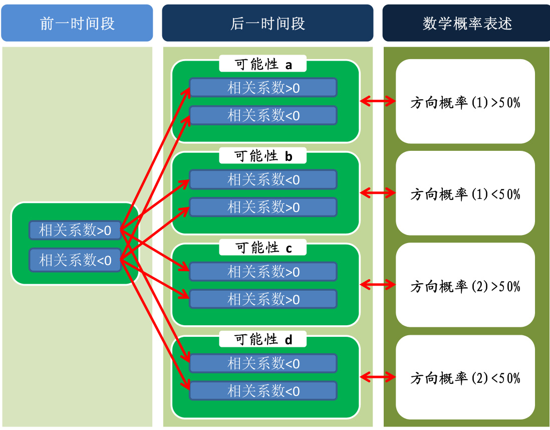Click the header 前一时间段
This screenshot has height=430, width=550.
(77, 23)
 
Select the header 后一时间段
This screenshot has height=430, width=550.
(267, 23)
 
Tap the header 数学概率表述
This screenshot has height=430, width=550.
(466, 23)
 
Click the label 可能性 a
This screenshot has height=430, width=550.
(263, 65)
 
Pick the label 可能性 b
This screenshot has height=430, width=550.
(263, 156)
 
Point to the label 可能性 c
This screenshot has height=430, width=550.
(263, 248)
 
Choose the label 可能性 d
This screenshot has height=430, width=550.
(263, 340)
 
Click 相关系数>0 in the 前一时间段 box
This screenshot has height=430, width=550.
(75, 231)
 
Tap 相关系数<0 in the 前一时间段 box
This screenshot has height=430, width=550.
(75, 260)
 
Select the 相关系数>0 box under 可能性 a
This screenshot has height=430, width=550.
(263, 88)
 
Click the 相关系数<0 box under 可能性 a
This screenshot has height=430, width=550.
(263, 115)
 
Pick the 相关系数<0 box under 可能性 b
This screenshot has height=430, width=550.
(263, 179)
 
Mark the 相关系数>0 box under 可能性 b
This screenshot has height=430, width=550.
(263, 207)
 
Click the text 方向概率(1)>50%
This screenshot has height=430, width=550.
(465, 103)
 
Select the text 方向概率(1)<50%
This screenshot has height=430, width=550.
(465, 194)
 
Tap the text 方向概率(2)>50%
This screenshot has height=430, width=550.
(465, 286)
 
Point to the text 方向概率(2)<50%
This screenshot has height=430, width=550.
(465, 378)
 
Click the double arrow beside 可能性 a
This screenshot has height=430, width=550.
(378, 102)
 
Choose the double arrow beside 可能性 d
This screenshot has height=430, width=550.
(378, 377)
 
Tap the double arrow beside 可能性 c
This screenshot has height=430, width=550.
(378, 285)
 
